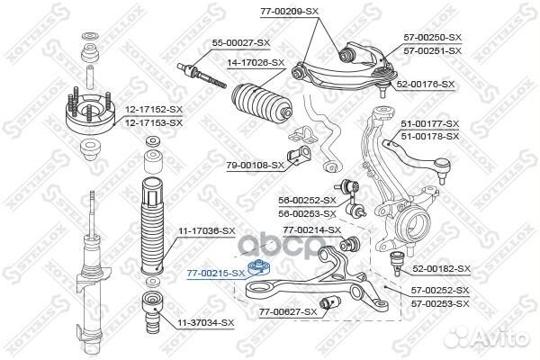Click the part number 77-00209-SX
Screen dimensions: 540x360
coord(289,12)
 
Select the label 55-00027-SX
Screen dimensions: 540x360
coord(241,43)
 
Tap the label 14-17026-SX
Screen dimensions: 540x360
coord(256,63)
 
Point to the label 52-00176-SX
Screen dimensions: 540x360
coord(426,84)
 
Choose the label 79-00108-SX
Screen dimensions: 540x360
coord(256,166)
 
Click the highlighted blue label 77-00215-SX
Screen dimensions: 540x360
coord(216,274)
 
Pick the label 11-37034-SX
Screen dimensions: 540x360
coord(205,323)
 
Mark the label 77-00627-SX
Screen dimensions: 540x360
coord(288,312)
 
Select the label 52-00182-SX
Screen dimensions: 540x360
coord(441,268)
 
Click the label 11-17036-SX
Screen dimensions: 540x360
coord(206,231)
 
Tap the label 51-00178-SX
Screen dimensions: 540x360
coord(430,137)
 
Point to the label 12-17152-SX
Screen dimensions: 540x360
coord(154,110)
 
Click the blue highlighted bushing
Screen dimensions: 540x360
coord(260,268)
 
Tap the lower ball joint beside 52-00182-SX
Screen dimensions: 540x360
coord(397,263)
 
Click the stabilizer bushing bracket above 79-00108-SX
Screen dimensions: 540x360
coord(302,135)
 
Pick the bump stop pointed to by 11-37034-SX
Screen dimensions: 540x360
coord(152,312)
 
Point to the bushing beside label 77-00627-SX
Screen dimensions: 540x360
coord(330,303)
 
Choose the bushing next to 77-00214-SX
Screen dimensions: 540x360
coord(349,243)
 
